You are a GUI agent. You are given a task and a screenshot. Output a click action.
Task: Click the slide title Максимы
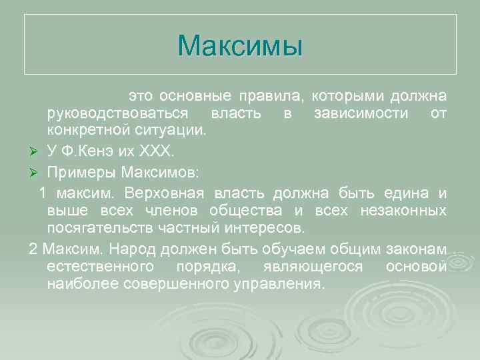(x=240, y=45)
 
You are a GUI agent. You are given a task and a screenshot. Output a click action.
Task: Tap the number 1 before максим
(x=43, y=193)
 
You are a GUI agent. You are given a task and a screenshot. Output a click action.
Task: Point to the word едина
(x=410, y=193)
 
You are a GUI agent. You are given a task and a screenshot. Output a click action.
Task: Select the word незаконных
(x=403, y=211)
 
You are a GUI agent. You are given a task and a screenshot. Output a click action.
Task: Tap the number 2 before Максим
(x=33, y=249)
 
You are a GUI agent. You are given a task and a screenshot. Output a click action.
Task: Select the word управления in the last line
(x=279, y=284)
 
